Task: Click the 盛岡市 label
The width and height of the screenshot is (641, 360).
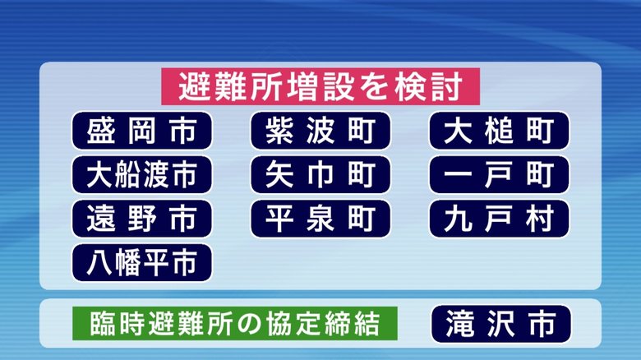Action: [x=142, y=131]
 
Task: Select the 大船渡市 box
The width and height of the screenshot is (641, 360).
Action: [x=142, y=175]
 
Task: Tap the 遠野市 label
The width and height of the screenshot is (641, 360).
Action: [x=142, y=219]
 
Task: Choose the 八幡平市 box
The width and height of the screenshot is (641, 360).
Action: [x=142, y=263]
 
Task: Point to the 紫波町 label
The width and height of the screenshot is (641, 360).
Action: [x=320, y=131]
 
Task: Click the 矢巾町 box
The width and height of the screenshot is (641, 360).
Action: [x=320, y=175]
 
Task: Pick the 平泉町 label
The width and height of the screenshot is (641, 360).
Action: [x=320, y=219]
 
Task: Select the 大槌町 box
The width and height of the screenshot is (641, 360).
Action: [x=499, y=131]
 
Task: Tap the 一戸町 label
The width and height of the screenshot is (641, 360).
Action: [x=499, y=175]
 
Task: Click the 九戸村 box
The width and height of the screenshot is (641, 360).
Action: [x=499, y=219]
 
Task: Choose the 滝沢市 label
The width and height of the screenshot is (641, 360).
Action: [x=501, y=324]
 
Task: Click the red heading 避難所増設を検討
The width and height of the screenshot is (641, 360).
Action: [x=320, y=87]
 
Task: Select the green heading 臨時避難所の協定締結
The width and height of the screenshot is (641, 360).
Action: [x=235, y=324]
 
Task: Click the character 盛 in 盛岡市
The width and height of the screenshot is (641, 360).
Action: [x=100, y=131]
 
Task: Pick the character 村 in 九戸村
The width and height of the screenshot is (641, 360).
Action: [x=540, y=219]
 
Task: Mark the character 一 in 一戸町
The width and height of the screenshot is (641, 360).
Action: [x=459, y=175]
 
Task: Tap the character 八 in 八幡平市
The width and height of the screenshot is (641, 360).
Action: [x=99, y=263]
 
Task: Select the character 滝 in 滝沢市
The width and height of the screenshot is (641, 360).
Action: [x=460, y=324]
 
